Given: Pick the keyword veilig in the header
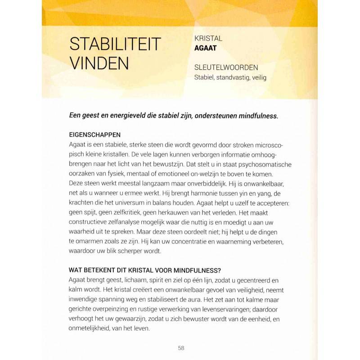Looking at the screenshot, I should point(260,77).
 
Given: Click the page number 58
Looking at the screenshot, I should point(181,347).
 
